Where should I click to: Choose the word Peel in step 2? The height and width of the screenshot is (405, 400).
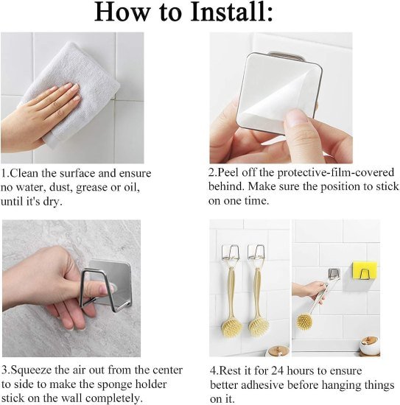[x=230, y=172]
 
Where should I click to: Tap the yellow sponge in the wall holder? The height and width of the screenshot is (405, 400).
[x=362, y=271]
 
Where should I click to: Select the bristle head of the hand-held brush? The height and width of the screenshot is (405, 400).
[x=304, y=321]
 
